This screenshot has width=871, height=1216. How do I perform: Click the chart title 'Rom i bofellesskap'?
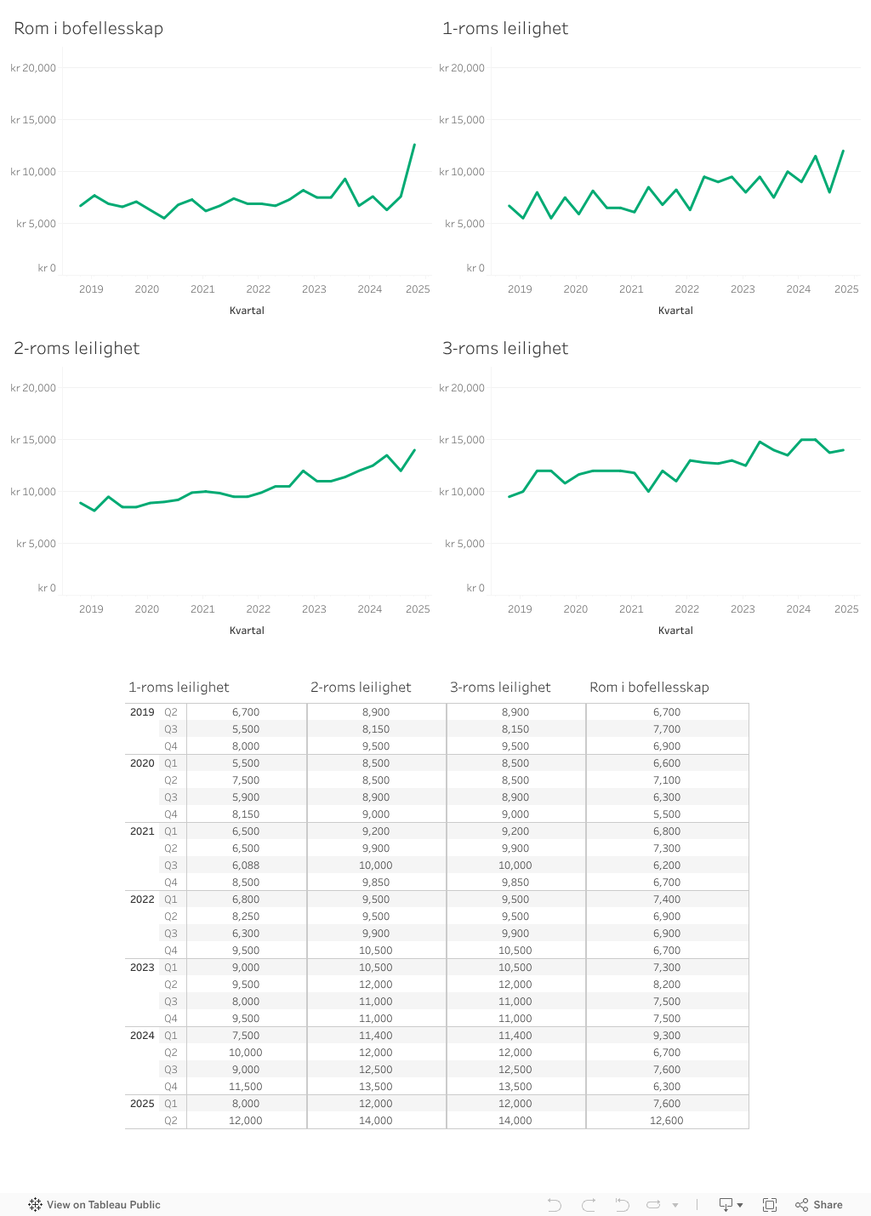click(x=88, y=28)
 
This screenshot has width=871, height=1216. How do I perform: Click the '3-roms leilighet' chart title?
click(x=505, y=348)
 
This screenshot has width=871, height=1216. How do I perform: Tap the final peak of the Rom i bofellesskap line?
click(x=414, y=145)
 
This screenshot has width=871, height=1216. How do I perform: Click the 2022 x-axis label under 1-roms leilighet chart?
click(x=686, y=289)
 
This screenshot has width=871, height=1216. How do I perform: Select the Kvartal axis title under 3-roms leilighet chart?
click(x=675, y=631)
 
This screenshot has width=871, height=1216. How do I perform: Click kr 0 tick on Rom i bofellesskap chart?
click(x=47, y=268)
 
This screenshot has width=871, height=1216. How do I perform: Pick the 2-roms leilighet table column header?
click(x=361, y=687)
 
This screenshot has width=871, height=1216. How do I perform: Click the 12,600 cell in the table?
click(x=667, y=1121)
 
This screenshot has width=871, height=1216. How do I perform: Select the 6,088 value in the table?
click(x=246, y=865)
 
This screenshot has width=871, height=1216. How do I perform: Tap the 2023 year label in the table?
click(x=142, y=968)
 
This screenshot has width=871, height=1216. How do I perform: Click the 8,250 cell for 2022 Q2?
click(x=246, y=916)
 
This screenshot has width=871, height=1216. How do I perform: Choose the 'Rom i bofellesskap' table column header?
click(x=649, y=687)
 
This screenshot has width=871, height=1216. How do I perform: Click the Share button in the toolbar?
click(x=819, y=1204)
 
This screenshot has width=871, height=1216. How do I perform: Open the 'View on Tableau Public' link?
click(x=94, y=1204)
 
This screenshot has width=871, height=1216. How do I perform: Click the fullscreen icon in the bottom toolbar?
click(x=770, y=1204)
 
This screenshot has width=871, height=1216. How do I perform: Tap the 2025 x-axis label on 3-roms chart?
click(x=845, y=609)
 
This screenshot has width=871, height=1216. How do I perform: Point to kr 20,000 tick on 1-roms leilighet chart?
click(x=462, y=68)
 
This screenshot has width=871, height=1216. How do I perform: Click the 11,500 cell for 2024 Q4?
click(x=246, y=1087)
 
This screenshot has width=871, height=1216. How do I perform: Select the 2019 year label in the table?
click(x=142, y=712)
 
